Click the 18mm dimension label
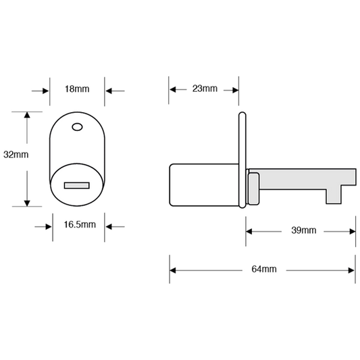point(77,89)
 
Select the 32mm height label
point(16,155)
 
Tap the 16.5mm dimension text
point(80,224)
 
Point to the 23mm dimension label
point(205,88)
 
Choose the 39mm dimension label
point(304,230)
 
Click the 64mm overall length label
point(264,269)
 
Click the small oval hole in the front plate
point(78,127)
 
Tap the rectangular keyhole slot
point(77,186)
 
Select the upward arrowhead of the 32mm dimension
point(27,115)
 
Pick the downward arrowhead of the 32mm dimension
point(27,203)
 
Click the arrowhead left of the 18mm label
point(46,91)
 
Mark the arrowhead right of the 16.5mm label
point(109,227)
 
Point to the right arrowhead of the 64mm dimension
point(351,270)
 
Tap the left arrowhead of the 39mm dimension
point(249,232)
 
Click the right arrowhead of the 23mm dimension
point(235,90)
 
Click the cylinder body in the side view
point(204,185)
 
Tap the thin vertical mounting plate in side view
point(242,160)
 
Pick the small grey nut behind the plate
point(254,188)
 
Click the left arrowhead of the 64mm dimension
point(173,270)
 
